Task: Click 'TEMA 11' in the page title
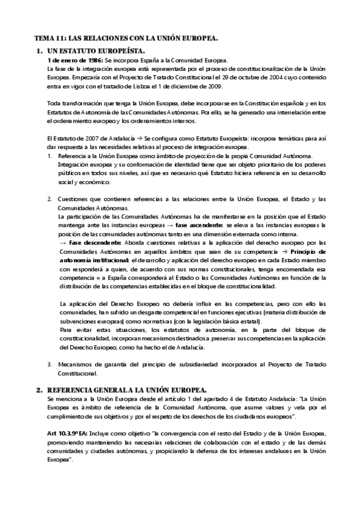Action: pos(49,38)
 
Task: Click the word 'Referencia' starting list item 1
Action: pos(75,156)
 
